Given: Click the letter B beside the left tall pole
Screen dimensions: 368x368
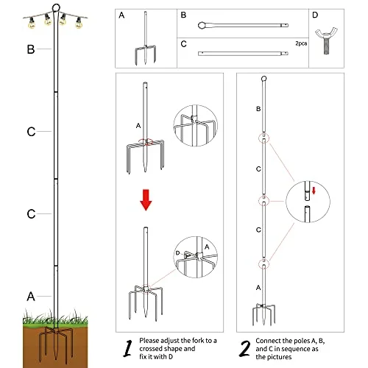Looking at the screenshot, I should pyautogui.click(x=30, y=50).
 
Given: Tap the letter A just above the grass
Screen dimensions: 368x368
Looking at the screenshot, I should pyautogui.click(x=30, y=297).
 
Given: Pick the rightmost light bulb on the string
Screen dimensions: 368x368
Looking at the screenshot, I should pyautogui.click(x=79, y=24).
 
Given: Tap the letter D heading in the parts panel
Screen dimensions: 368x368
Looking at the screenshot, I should pyautogui.click(x=316, y=15).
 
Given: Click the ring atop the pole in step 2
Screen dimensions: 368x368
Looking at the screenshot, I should pyautogui.click(x=263, y=79).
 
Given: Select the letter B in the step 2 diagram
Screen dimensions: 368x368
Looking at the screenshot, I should pyautogui.click(x=258, y=108).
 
